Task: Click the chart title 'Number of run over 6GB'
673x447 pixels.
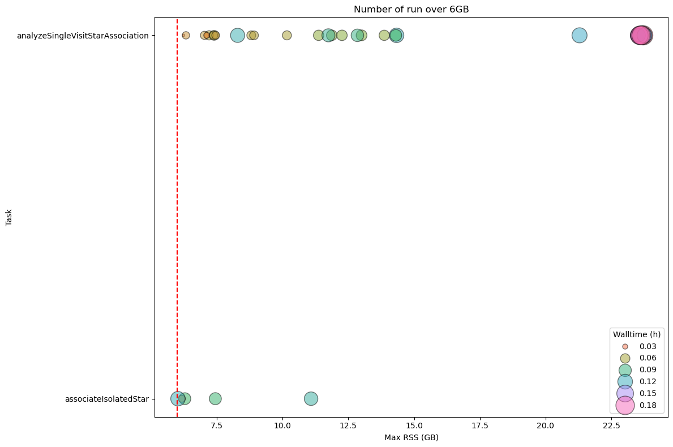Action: (x=411, y=9)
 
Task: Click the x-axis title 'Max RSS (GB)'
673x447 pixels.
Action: (x=411, y=437)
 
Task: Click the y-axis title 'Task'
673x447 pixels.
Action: (x=9, y=217)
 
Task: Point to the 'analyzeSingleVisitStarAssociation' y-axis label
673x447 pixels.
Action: (x=83, y=36)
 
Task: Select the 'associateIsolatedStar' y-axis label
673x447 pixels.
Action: (x=107, y=399)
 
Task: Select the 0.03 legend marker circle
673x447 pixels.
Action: (x=625, y=346)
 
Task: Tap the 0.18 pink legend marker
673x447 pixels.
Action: (x=625, y=405)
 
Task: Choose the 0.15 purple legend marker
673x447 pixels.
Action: (x=625, y=393)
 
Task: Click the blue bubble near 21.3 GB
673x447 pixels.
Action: (x=579, y=36)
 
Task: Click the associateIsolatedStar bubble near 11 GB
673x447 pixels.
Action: (x=311, y=398)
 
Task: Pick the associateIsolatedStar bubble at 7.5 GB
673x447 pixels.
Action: (x=215, y=398)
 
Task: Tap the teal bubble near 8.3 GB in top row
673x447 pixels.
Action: (x=237, y=36)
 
